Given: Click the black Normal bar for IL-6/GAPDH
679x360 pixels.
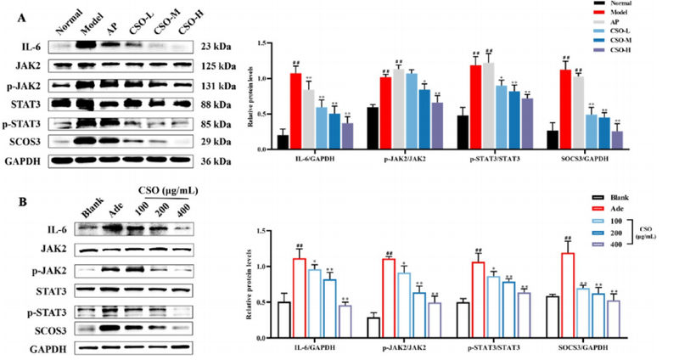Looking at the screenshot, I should click(283, 142).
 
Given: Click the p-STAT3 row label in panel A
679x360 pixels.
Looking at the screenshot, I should click(31, 121).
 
